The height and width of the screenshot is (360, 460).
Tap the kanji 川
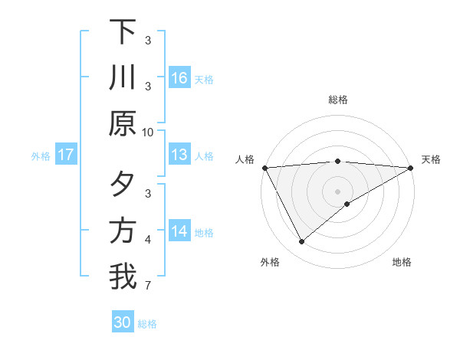click(x=123, y=78)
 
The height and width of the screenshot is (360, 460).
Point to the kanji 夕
click(x=123, y=185)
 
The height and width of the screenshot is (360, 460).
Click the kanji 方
click(x=123, y=231)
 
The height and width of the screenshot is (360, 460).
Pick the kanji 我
click(x=123, y=277)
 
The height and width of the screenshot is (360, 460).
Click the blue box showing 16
click(x=179, y=78)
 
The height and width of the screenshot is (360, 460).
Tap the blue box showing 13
click(x=179, y=155)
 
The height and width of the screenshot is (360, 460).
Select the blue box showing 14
click(x=179, y=231)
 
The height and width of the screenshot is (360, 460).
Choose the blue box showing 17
click(x=66, y=155)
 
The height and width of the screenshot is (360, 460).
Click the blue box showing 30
click(x=123, y=323)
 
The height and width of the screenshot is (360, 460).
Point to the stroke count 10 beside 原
click(x=148, y=132)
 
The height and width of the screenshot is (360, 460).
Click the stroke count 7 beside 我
click(x=148, y=286)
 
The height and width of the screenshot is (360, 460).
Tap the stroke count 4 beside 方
click(x=148, y=240)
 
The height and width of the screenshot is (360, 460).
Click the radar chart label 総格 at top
click(x=338, y=100)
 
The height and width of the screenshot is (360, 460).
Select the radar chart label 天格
click(x=432, y=159)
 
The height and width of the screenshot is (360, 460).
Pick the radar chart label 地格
click(x=402, y=262)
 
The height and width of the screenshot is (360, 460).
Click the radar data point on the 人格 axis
click(x=264, y=168)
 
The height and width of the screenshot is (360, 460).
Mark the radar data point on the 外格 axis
click(x=301, y=242)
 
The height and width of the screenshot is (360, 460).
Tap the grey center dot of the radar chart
click(x=338, y=191)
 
